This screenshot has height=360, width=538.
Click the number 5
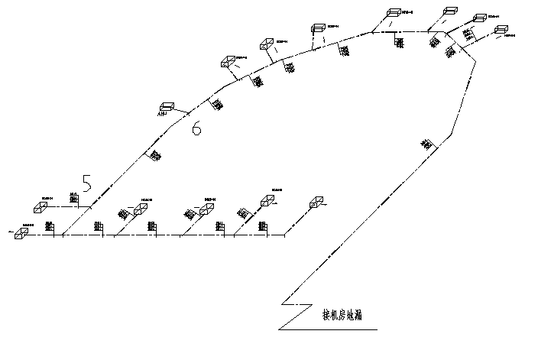click(x=87, y=184)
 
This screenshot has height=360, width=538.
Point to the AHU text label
click(x=160, y=115)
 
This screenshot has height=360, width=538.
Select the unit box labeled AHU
click(x=167, y=106)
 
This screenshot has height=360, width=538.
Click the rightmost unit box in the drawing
click(x=501, y=30)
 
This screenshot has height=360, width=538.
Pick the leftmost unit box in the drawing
click(x=21, y=233)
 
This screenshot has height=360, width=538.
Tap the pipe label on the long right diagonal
click(x=426, y=143)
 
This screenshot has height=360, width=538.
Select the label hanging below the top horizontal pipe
click(x=400, y=41)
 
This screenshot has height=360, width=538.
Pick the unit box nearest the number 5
click(x=41, y=206)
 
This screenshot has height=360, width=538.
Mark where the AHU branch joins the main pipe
click(x=189, y=116)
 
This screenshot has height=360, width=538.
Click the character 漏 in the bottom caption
click(x=370, y=314)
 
